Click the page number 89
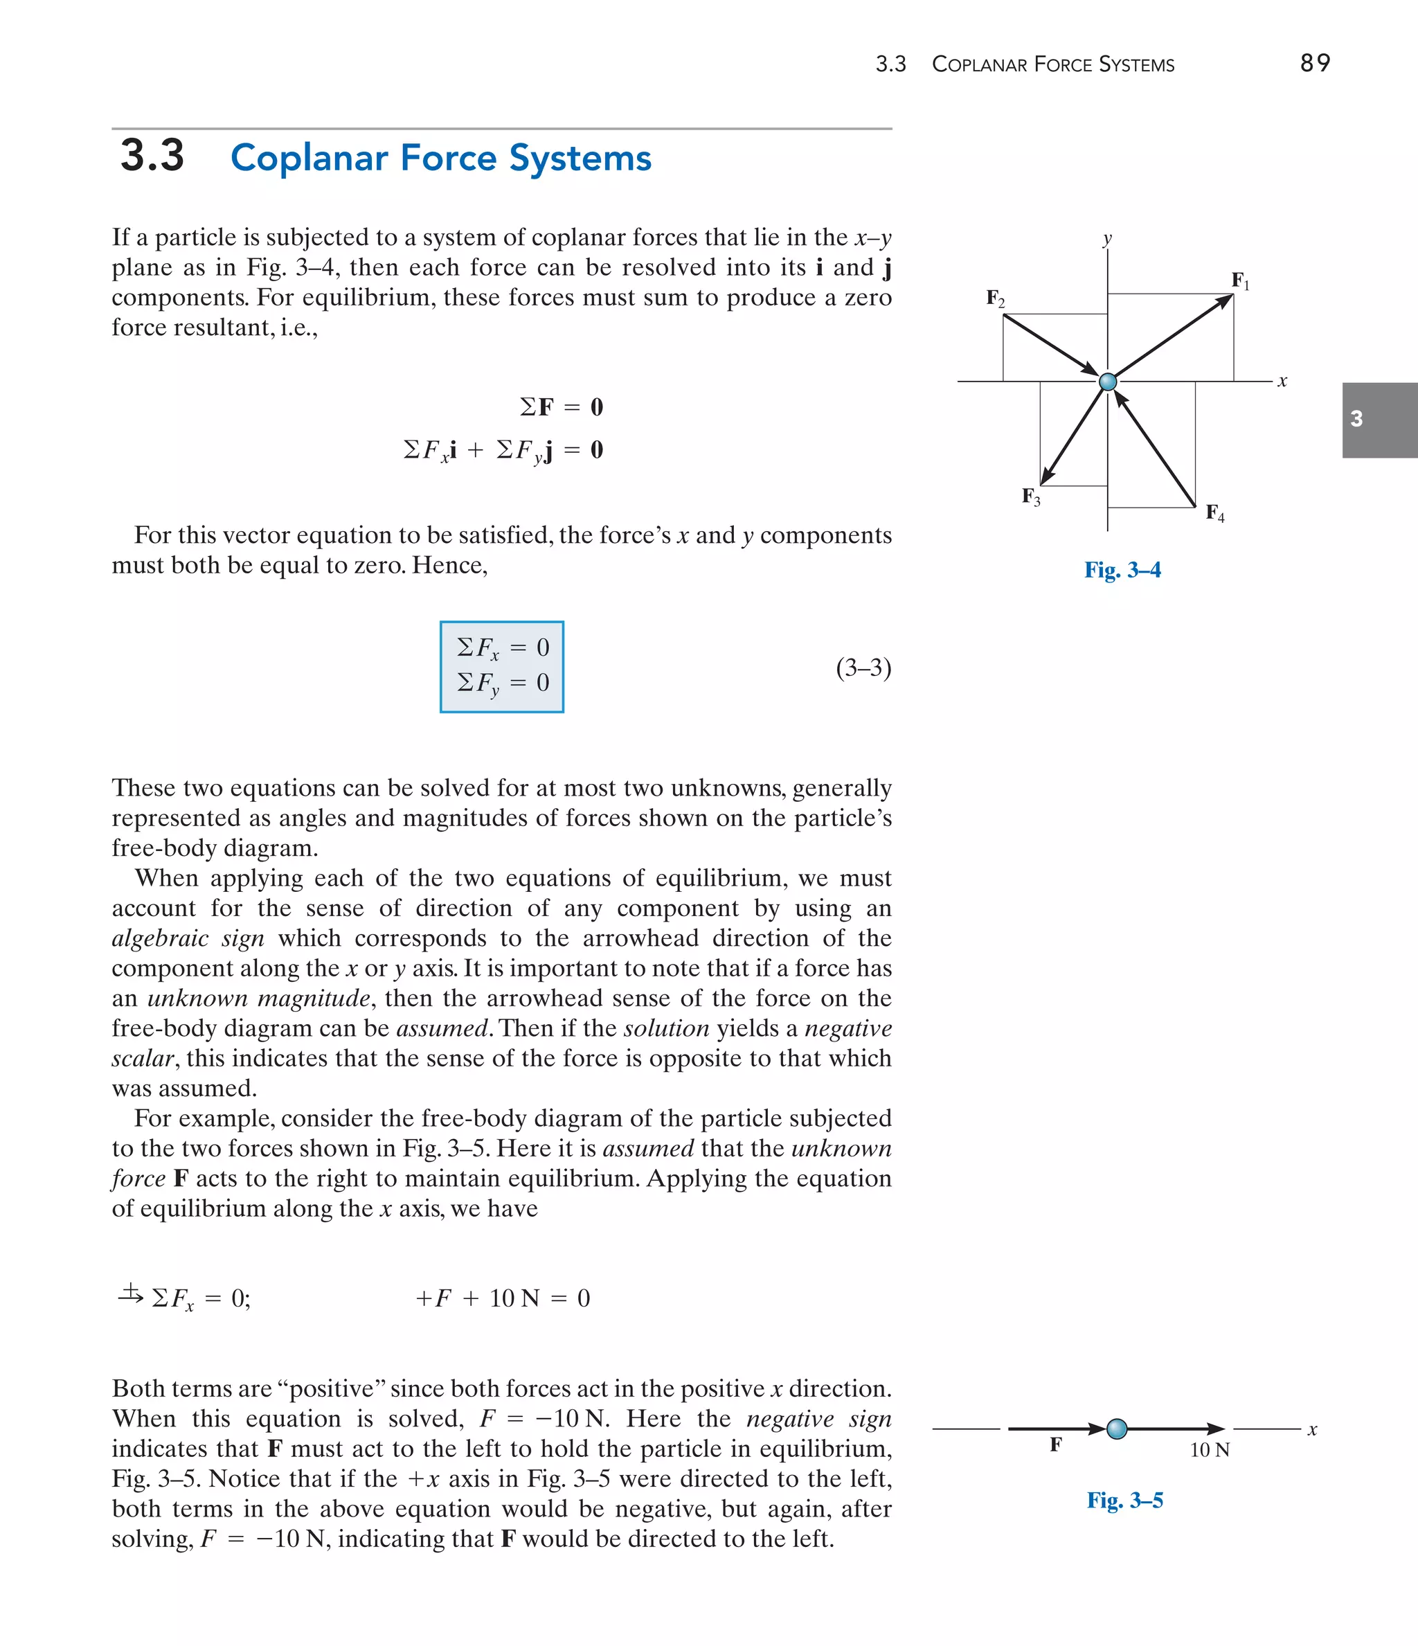pyautogui.click(x=1315, y=63)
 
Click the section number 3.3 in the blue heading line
pyautogui.click(x=152, y=156)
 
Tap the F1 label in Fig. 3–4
pyautogui.click(x=1240, y=280)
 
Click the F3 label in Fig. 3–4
pyautogui.click(x=1030, y=497)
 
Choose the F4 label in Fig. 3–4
pyautogui.click(x=1214, y=513)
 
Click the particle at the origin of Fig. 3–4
pyautogui.click(x=1107, y=382)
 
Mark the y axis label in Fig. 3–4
pyautogui.click(x=1107, y=238)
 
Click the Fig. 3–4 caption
pyautogui.click(x=1122, y=571)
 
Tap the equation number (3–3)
pyautogui.click(x=863, y=668)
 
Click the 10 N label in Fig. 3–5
pyautogui.click(x=1209, y=1450)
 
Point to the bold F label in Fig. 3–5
pyautogui.click(x=1056, y=1444)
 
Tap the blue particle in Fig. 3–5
pyautogui.click(x=1117, y=1429)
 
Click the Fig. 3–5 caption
pyautogui.click(x=1125, y=1501)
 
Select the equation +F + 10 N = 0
pyautogui.click(x=503, y=1298)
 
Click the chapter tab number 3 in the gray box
pyautogui.click(x=1357, y=419)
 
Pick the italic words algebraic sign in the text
pyautogui.click(x=188, y=938)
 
